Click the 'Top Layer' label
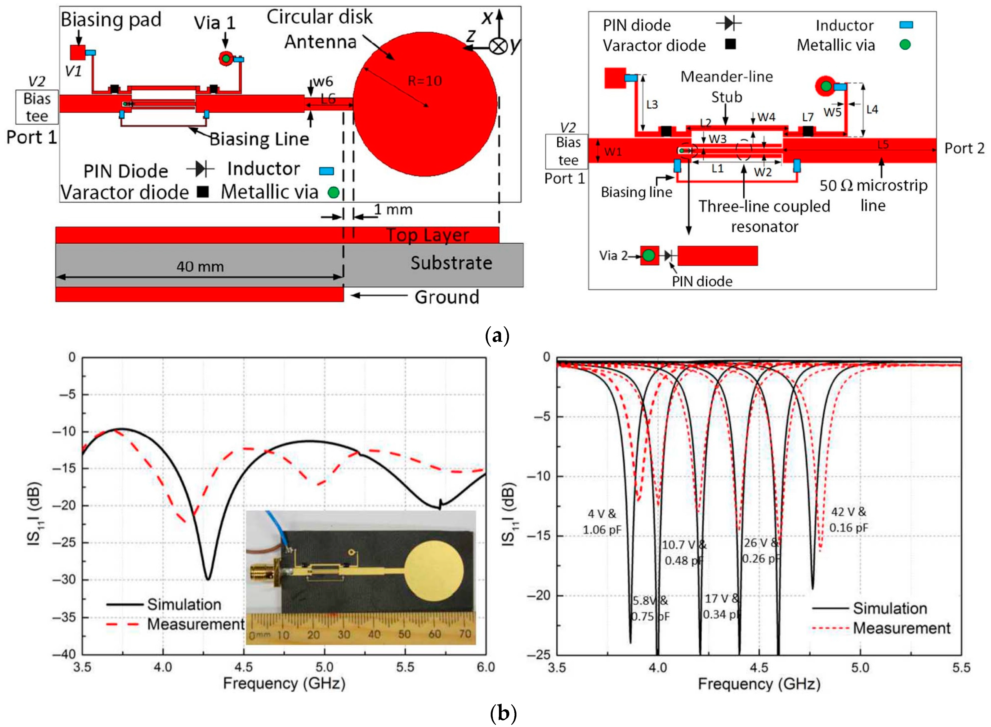427,236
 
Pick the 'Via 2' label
613,256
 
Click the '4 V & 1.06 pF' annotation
602,521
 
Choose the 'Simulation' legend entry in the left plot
184,604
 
